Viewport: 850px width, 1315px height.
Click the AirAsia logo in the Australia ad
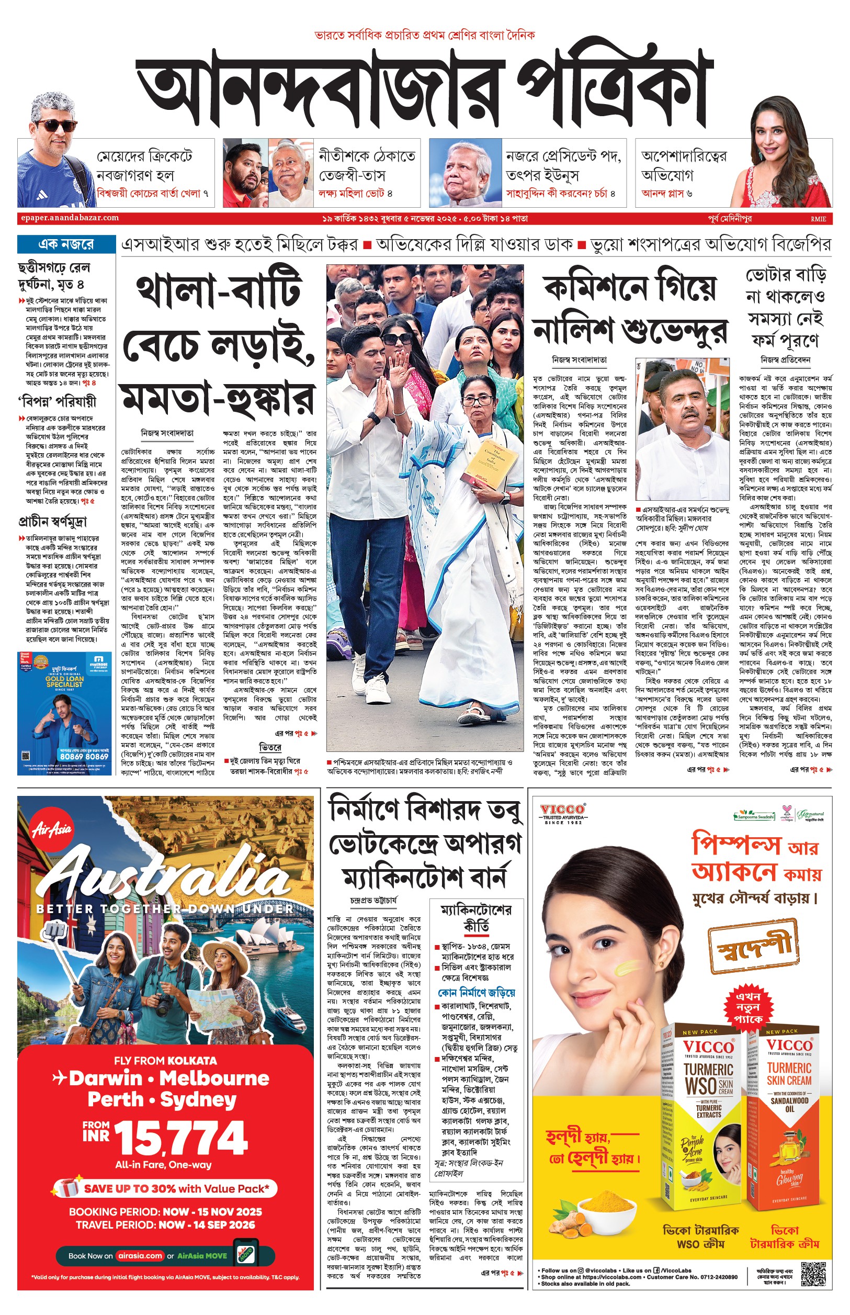[52, 828]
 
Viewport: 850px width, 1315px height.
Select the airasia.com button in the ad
[140, 1255]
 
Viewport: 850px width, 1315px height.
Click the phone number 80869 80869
[84, 756]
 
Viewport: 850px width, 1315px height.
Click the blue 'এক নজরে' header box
[66, 244]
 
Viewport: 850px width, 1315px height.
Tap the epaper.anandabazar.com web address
[70, 218]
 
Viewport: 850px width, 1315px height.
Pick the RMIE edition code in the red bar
[818, 219]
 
